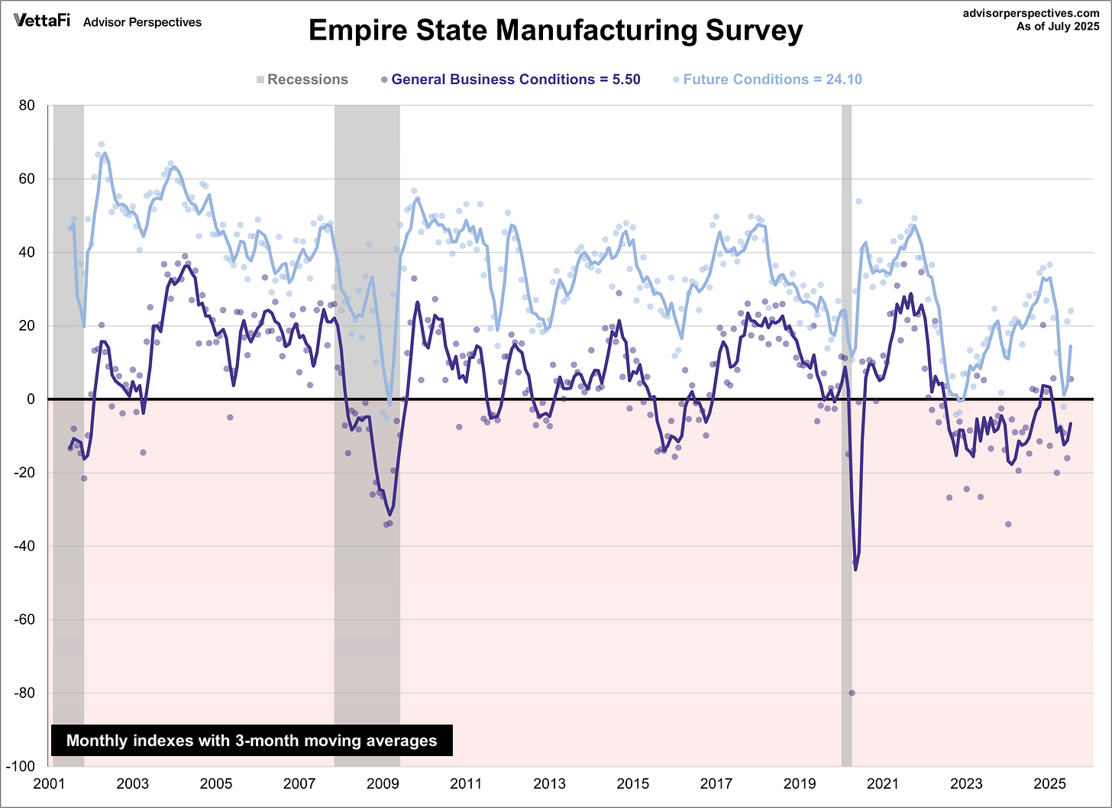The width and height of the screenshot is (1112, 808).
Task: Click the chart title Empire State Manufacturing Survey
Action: (555, 31)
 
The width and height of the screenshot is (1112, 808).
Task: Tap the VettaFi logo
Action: (42, 21)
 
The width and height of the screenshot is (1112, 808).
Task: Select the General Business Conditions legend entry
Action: (510, 79)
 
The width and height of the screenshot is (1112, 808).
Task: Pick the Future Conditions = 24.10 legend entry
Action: (768, 79)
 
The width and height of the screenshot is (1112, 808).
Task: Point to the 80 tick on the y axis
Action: (27, 105)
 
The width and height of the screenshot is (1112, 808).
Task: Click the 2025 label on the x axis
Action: (1049, 784)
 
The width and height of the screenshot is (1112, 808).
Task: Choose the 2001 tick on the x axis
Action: (49, 784)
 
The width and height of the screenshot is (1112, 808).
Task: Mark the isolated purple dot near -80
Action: (852, 693)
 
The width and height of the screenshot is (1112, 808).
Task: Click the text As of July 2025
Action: (1058, 27)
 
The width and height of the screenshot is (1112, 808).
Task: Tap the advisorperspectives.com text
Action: (1031, 13)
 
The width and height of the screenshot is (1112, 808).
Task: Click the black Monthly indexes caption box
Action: (251, 740)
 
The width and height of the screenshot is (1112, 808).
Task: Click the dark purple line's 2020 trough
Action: (855, 568)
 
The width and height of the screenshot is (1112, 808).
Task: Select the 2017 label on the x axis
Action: (716, 784)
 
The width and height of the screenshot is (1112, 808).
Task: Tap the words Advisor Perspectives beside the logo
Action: (142, 22)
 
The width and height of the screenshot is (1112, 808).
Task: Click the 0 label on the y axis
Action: (31, 399)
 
